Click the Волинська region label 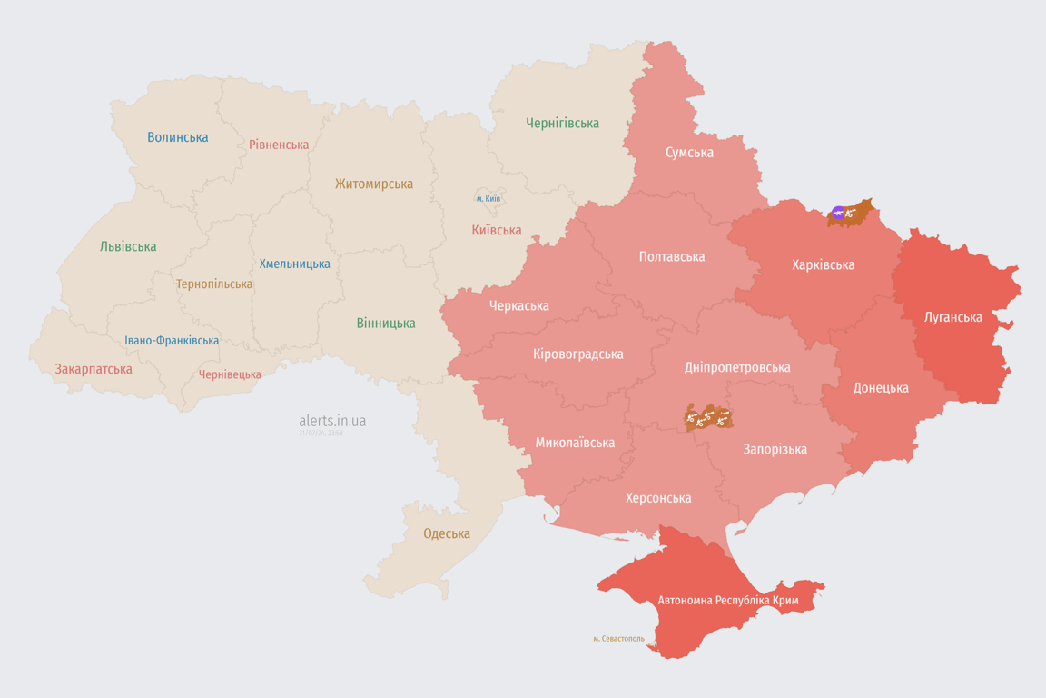click(178, 137)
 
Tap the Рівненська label click(279, 145)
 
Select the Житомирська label click(373, 184)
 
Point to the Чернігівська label click(562, 123)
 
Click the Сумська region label click(689, 152)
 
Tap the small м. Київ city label click(488, 198)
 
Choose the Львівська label click(128, 246)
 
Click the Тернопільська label click(214, 284)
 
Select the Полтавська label click(672, 256)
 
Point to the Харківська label click(823, 264)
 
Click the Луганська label click(952, 317)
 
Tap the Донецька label click(881, 387)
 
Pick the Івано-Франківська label click(172, 341)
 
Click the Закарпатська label click(94, 369)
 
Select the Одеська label click(447, 533)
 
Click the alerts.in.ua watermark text click(332, 421)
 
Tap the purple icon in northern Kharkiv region click(838, 214)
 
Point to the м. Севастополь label click(618, 638)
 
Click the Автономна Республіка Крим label click(729, 600)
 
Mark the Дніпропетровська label click(736, 367)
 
